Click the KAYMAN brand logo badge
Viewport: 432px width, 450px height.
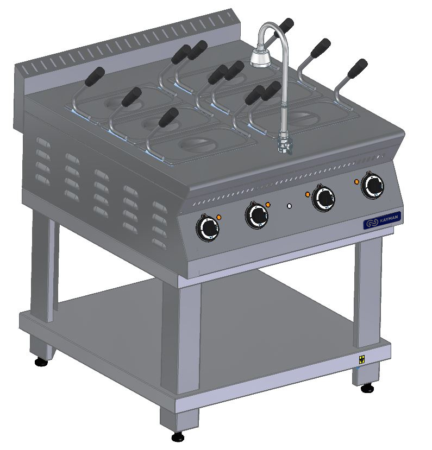pyautogui.click(x=382, y=221)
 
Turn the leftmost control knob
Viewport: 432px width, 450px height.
pyautogui.click(x=208, y=229)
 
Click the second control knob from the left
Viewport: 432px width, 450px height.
pyautogui.click(x=257, y=216)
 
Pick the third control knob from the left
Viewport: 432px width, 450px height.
pyautogui.click(x=324, y=198)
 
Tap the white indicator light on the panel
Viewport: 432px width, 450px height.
pyautogui.click(x=290, y=206)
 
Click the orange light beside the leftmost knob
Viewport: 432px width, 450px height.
pyautogui.click(x=219, y=217)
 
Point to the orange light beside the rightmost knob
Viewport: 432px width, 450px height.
pyautogui.click(x=356, y=182)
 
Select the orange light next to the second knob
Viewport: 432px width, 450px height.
pyautogui.click(x=268, y=205)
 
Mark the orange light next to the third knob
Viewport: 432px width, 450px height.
pyautogui.click(x=308, y=194)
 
